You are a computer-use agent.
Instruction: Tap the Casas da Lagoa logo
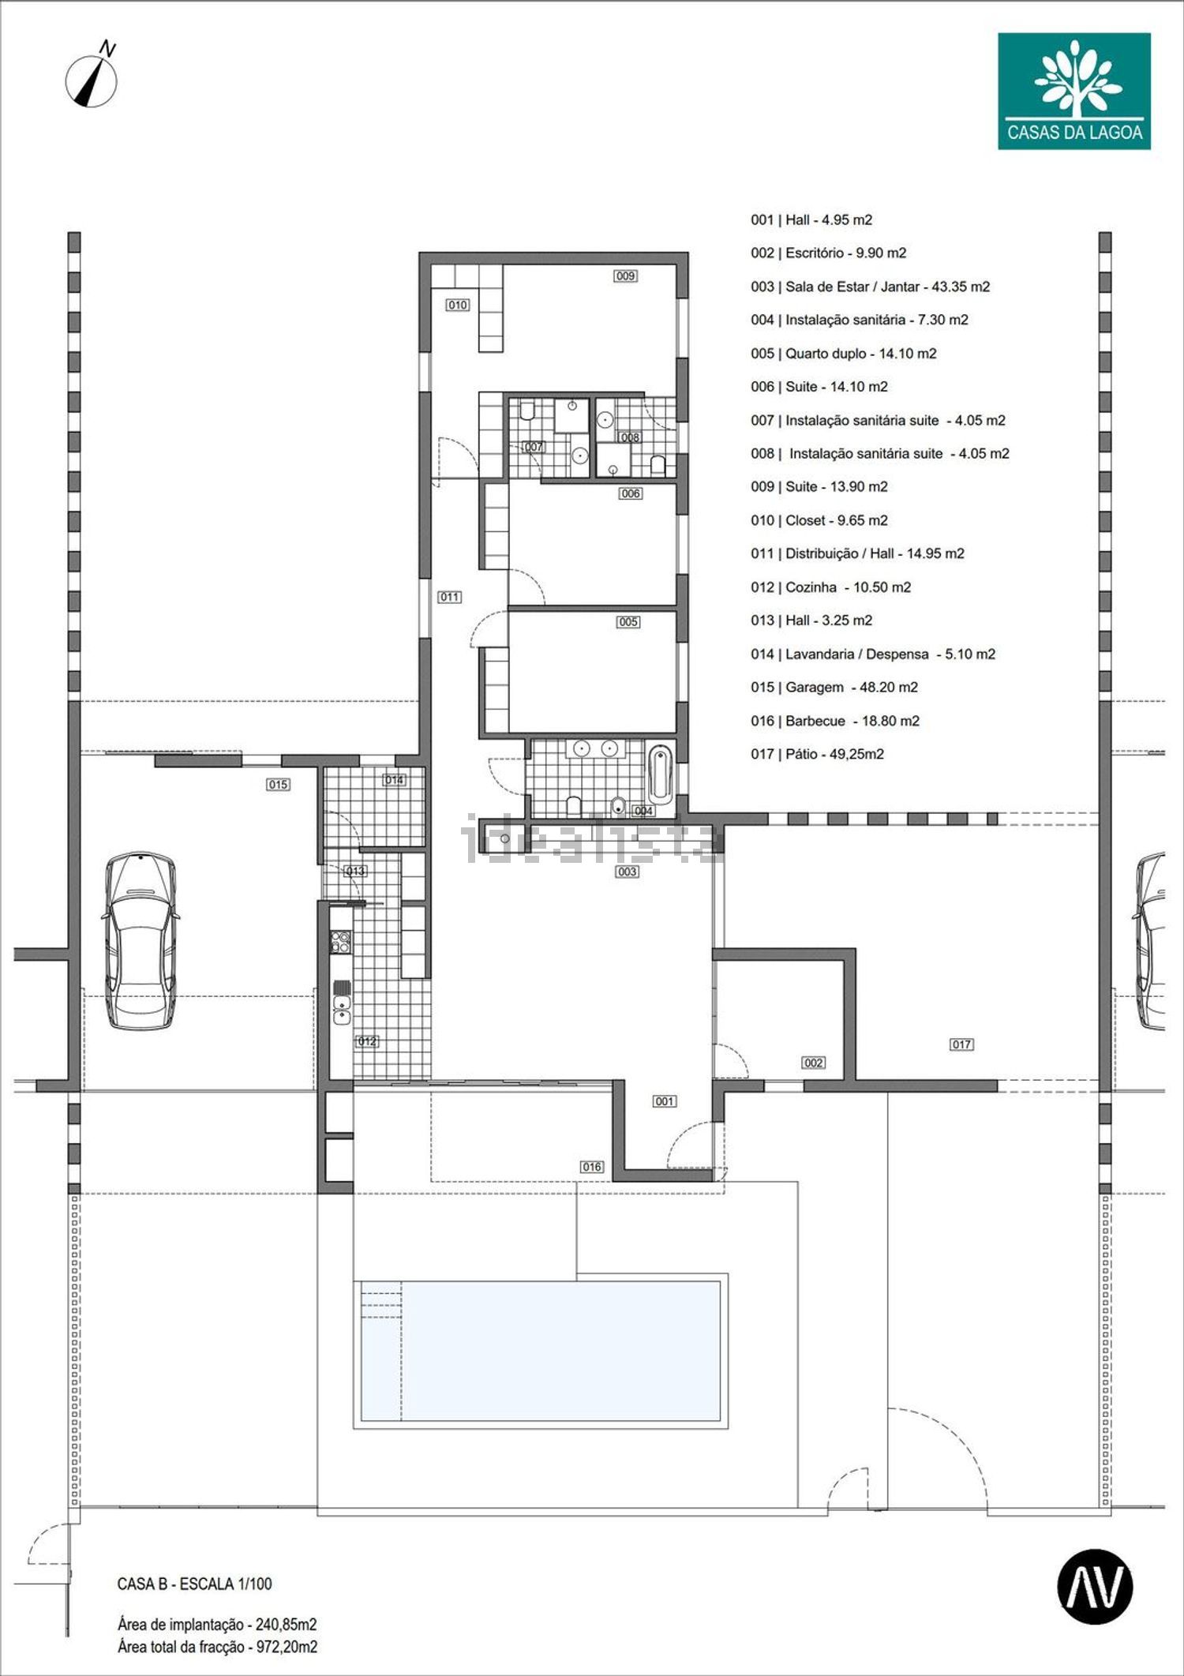tap(1073, 91)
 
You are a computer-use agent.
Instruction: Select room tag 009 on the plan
tap(626, 276)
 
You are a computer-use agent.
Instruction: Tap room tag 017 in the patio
tap(961, 1044)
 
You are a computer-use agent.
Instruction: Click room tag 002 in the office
tap(814, 1063)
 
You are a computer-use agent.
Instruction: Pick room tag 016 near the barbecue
tap(592, 1167)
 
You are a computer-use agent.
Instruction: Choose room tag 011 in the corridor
tap(450, 597)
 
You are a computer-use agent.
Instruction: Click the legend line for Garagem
tap(834, 688)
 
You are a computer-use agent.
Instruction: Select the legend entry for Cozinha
tap(831, 587)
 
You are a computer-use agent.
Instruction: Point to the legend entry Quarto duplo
tap(844, 354)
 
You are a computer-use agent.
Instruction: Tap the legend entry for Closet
tap(819, 520)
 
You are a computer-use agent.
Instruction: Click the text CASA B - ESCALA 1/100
tap(194, 1584)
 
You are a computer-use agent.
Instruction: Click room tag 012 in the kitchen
tap(367, 1041)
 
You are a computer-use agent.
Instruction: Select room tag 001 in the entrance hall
tap(665, 1101)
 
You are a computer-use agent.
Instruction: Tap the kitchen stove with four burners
tap(341, 943)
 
